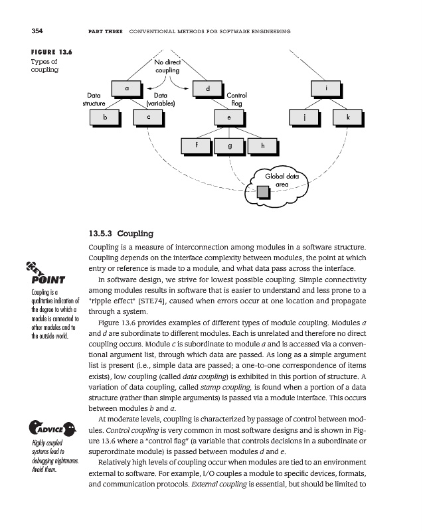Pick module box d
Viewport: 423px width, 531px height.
(x=208, y=88)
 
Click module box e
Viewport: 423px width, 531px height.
(x=229, y=117)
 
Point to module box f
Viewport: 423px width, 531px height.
(x=197, y=145)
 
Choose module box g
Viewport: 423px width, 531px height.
(x=229, y=145)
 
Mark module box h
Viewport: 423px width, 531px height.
(x=262, y=145)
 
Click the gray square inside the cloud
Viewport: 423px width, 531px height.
(x=263, y=192)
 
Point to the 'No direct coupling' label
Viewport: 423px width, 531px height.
(x=167, y=66)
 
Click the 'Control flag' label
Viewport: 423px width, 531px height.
(x=236, y=100)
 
